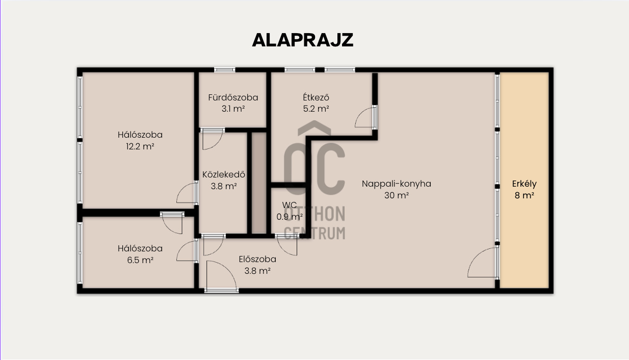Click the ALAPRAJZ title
pos(302,40)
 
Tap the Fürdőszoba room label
pos(233,97)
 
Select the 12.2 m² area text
pos(140,146)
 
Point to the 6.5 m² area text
pos(140,260)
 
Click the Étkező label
pos(316,97)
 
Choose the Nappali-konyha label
pos(396,184)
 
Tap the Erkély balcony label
pos(525,184)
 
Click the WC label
pos(289,205)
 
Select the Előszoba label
pos(257,259)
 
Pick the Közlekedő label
pos(224,174)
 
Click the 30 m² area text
pos(396,195)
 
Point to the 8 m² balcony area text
pos(525,195)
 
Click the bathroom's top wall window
pos(225,70)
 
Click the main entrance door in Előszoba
pos(222,276)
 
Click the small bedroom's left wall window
pos(80,253)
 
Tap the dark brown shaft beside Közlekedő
pos(258,183)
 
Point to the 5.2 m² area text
pos(316,109)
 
